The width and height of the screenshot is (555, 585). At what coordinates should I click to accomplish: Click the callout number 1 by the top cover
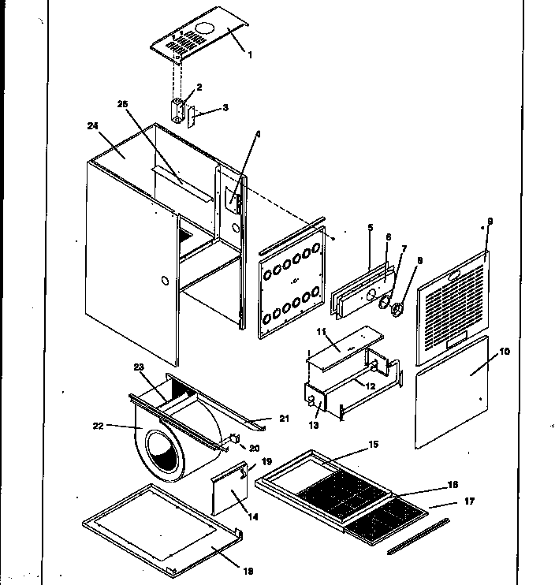pos(250,54)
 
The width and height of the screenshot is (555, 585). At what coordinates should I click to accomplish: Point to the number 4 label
pos(257,133)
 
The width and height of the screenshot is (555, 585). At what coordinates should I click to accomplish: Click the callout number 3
pos(225,107)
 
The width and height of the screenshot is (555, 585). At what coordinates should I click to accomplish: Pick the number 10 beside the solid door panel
pos(505,351)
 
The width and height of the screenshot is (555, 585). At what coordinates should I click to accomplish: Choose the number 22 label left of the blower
pos(99,426)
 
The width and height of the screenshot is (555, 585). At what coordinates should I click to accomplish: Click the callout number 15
pos(374,445)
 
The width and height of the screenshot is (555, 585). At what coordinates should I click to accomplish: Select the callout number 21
pos(284,418)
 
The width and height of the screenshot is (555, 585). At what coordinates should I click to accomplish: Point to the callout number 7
pos(404,248)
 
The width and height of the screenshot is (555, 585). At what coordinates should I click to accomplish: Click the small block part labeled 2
pos(180,109)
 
